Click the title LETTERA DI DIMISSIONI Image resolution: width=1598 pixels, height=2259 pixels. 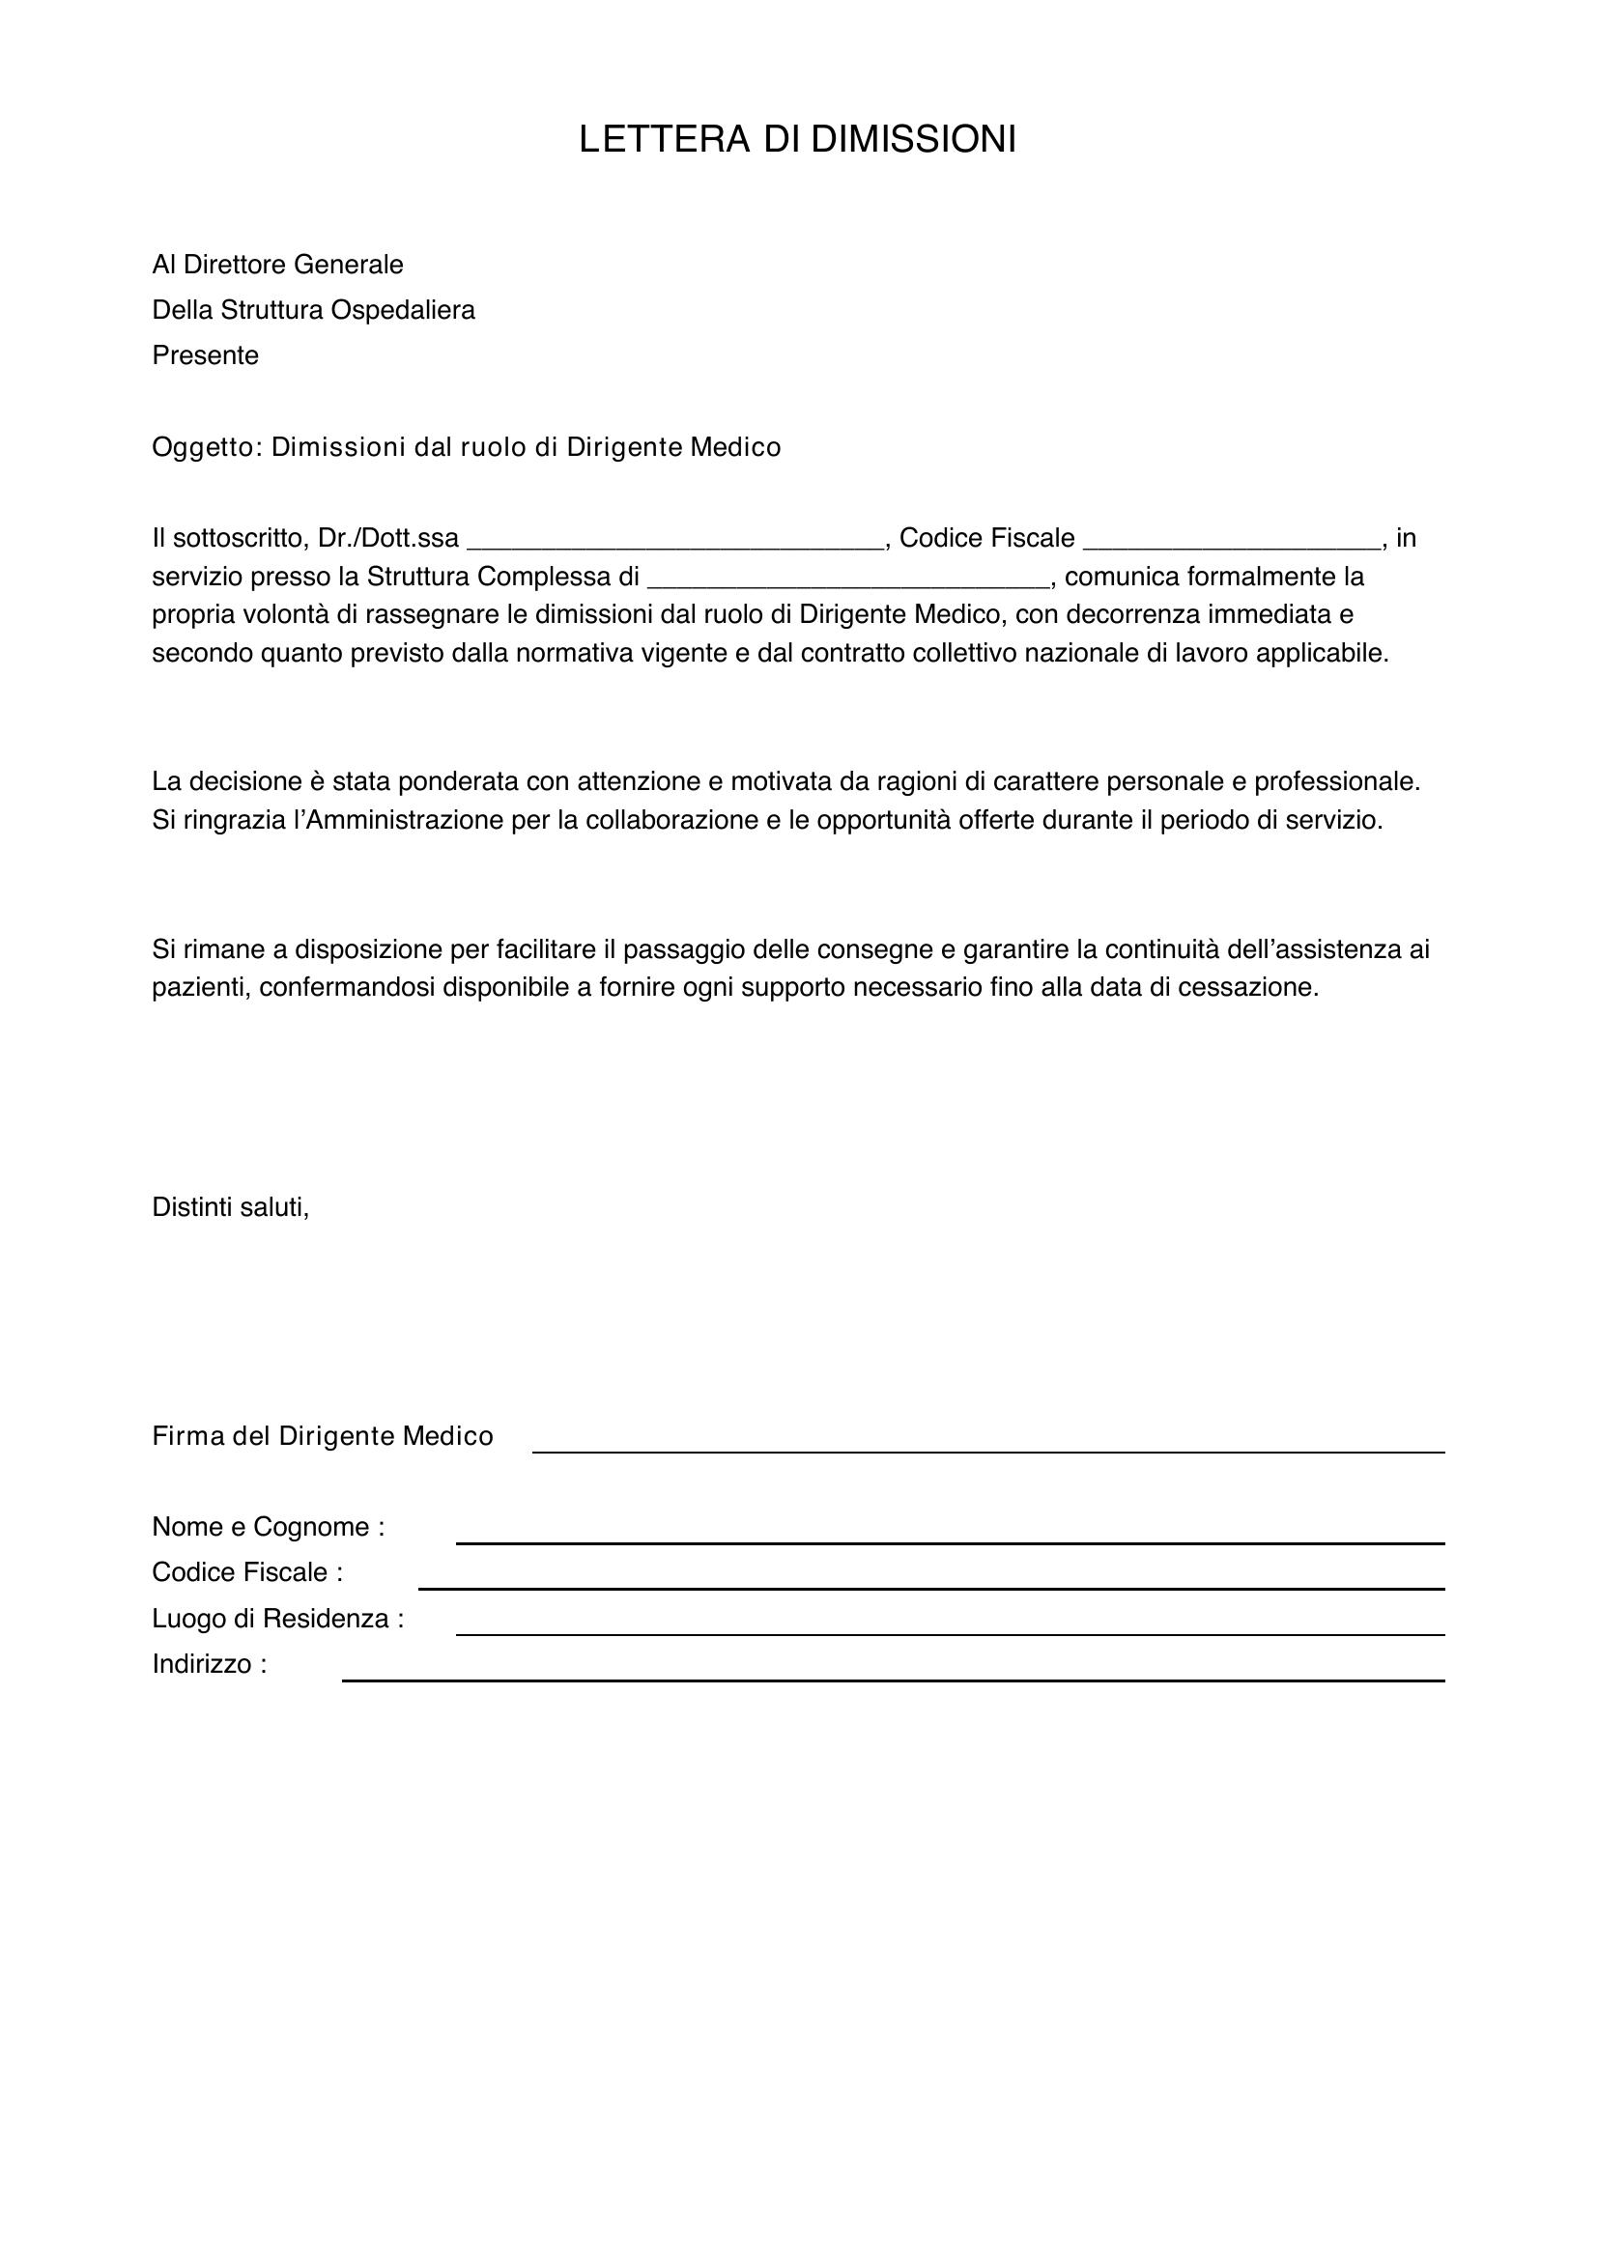[x=797, y=140]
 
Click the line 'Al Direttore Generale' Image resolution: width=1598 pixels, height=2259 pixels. [x=277, y=265]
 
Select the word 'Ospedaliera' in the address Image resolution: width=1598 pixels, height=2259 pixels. [x=403, y=310]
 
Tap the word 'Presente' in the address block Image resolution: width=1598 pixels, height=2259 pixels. [x=205, y=355]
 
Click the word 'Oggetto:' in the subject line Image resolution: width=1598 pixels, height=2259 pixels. [x=207, y=448]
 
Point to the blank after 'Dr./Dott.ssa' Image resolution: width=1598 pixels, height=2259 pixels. [x=675, y=541]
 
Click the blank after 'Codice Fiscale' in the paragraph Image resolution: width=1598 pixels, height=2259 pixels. [x=1231, y=541]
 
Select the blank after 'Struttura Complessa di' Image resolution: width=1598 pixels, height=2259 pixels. [x=848, y=579]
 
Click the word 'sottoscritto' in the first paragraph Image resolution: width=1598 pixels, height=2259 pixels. [x=236, y=538]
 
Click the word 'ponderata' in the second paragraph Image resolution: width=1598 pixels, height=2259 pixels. [x=460, y=781]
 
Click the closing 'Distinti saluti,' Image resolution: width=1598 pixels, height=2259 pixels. [x=230, y=1207]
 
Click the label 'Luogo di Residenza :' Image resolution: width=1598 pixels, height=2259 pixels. [x=277, y=1619]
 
